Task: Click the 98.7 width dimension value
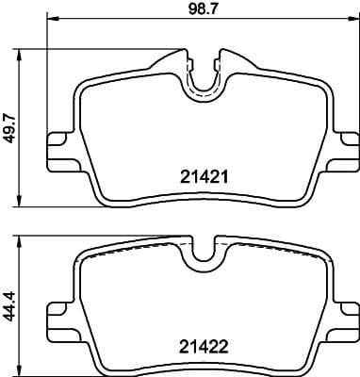click(202, 10)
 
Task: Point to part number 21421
click(201, 174)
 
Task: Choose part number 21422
click(201, 345)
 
